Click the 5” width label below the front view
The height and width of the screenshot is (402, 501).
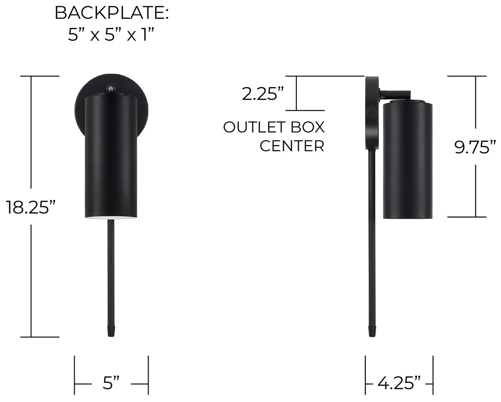click(x=111, y=383)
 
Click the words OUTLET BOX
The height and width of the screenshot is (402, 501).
click(x=273, y=127)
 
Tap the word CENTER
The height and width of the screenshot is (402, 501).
click(x=292, y=146)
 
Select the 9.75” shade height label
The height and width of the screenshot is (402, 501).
click(x=476, y=147)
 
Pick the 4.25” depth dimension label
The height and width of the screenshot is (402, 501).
click(x=399, y=382)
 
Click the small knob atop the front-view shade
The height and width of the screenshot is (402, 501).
click(x=111, y=88)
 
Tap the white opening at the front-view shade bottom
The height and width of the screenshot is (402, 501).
click(x=111, y=217)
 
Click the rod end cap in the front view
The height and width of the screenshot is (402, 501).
click(x=111, y=331)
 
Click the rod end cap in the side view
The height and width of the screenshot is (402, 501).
click(x=371, y=331)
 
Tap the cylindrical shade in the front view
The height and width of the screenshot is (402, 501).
click(x=111, y=154)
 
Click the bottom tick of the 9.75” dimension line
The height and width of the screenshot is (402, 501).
click(x=467, y=217)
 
